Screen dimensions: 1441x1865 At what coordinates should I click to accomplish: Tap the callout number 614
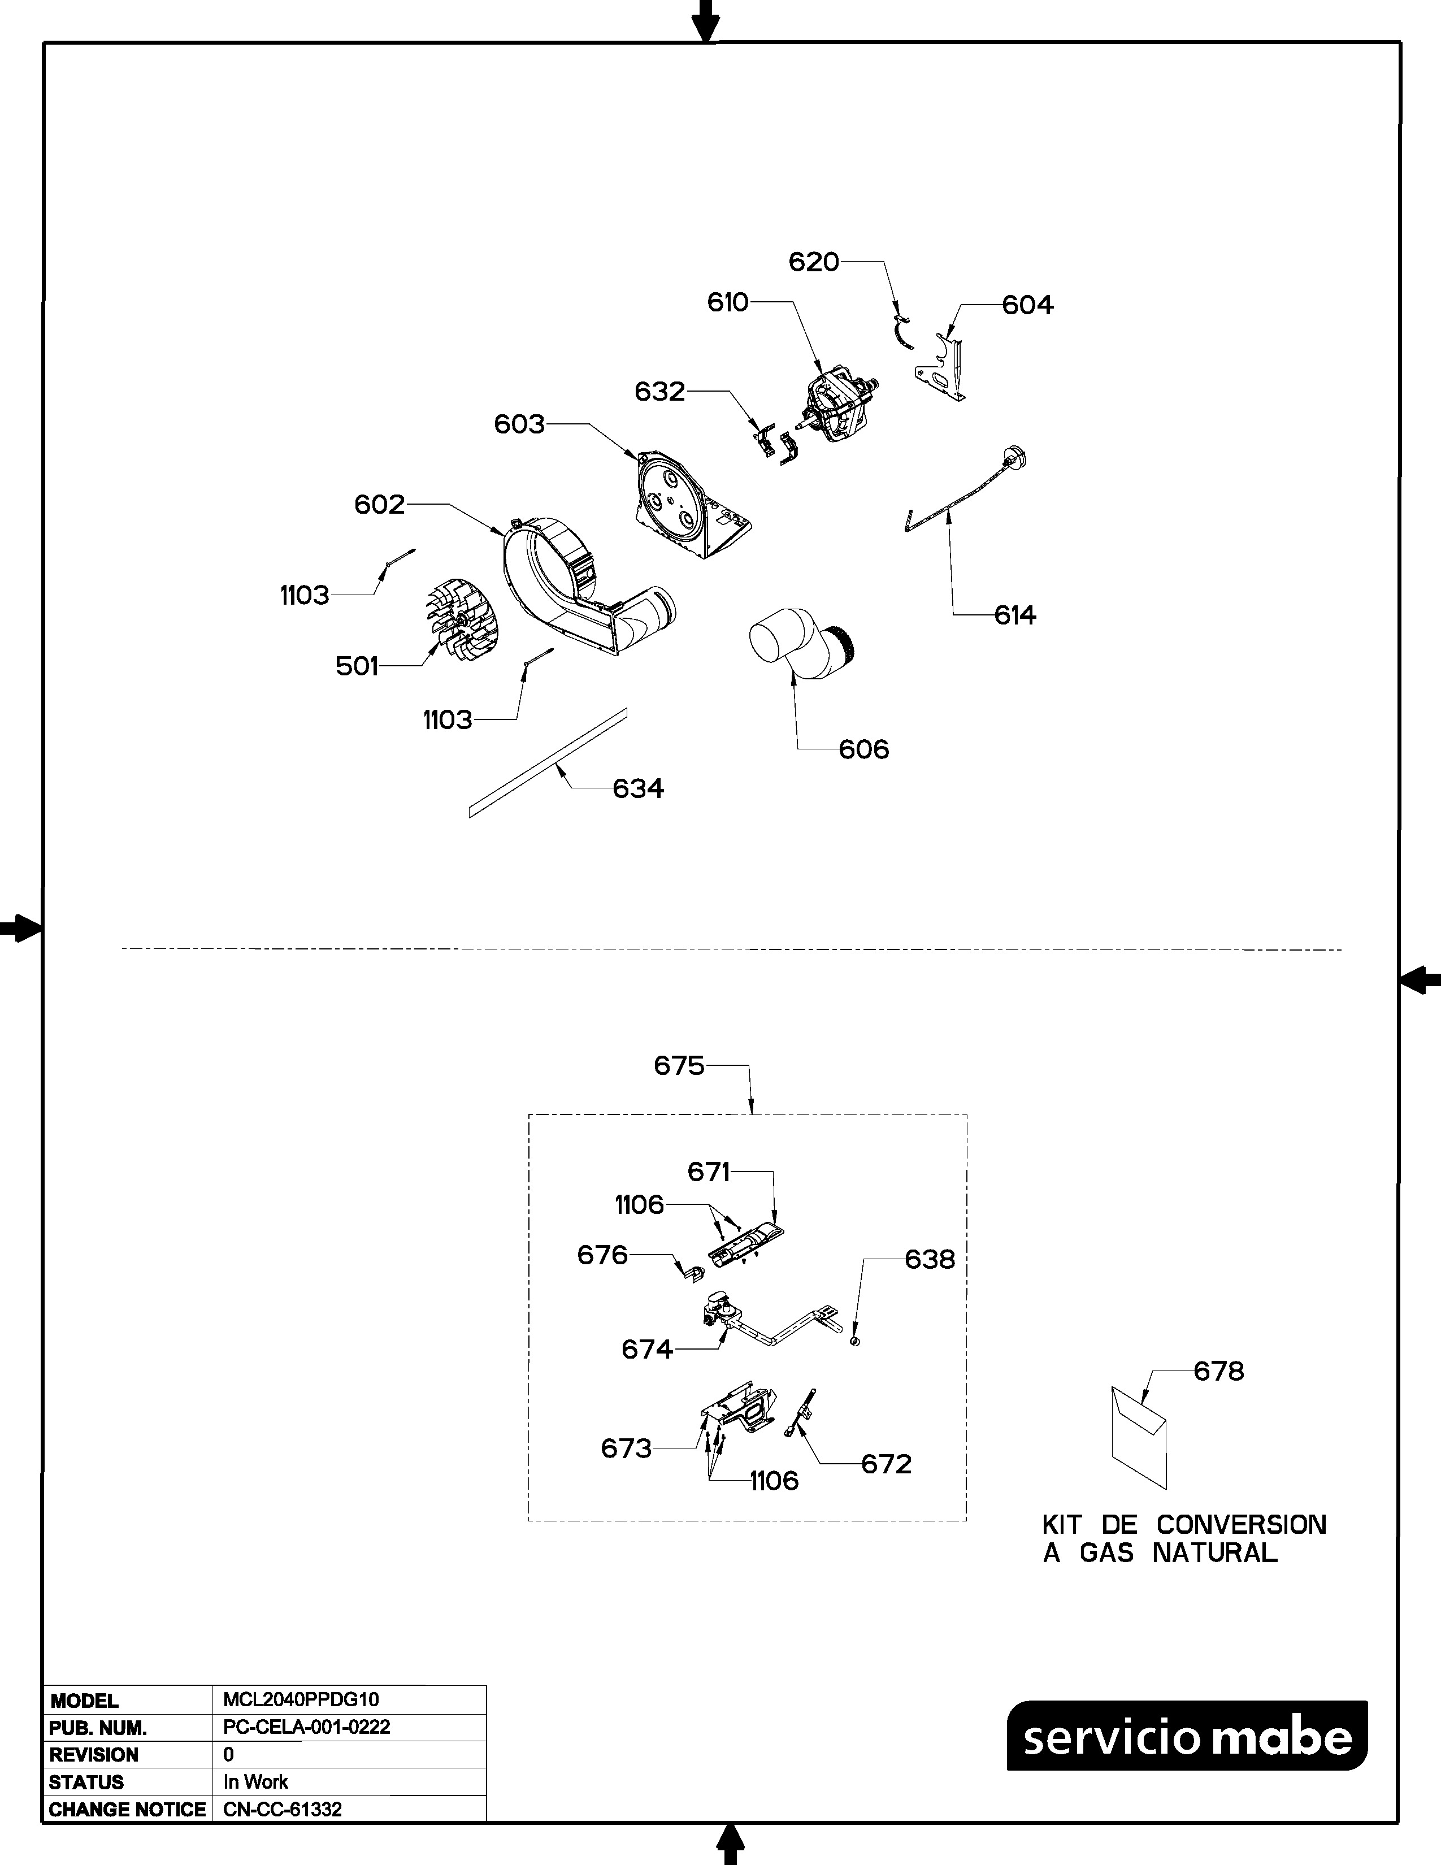[x=1015, y=615]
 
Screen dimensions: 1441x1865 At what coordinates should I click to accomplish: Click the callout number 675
[x=679, y=1066]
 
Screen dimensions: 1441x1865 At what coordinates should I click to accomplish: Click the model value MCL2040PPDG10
[x=301, y=1699]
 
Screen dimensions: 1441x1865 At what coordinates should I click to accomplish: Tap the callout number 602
[x=379, y=505]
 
